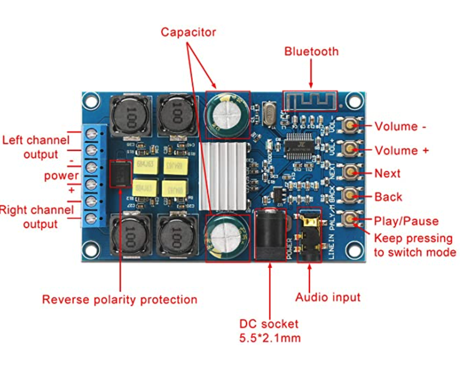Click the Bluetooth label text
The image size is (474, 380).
click(311, 52)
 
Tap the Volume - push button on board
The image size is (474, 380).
click(350, 125)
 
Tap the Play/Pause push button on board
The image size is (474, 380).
click(350, 219)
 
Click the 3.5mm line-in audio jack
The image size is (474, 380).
click(309, 235)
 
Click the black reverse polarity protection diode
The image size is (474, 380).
click(121, 174)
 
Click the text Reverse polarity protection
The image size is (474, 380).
click(120, 300)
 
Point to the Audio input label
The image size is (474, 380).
click(327, 297)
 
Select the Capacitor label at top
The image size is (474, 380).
click(188, 32)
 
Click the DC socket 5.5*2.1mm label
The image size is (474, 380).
click(269, 331)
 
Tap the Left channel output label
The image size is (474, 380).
click(36, 147)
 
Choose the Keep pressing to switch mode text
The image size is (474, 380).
click(415, 245)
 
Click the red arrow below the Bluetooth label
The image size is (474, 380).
click(311, 73)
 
